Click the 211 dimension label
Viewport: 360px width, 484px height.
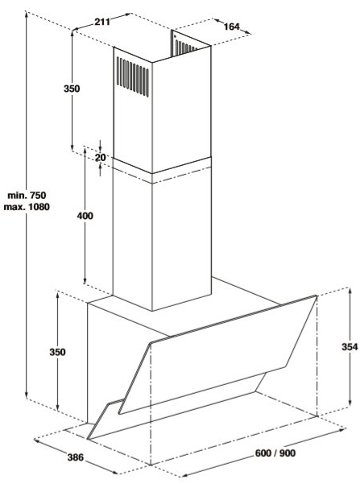pos(102,22)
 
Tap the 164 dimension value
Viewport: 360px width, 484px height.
pos(232,27)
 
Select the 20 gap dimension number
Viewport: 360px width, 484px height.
pos(100,157)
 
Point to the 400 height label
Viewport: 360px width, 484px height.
pos(85,216)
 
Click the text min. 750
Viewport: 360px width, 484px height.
pos(27,195)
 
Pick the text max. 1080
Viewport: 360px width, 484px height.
pos(27,206)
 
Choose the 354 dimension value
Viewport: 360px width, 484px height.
pos(350,346)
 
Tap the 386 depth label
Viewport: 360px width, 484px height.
pos(76,457)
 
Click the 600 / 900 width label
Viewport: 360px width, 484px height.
pos(275,453)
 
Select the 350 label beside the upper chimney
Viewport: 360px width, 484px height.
pos(72,89)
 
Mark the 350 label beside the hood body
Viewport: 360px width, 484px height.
pos(57,352)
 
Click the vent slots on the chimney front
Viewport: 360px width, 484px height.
pos(132,77)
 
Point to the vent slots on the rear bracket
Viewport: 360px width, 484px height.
pos(184,46)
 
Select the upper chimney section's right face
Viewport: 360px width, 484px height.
pos(181,110)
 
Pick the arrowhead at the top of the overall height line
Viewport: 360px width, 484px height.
pos(27,14)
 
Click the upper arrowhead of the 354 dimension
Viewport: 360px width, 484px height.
pos(350,291)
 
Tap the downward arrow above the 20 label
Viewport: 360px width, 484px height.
pos(100,144)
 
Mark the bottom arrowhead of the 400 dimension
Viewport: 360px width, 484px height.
pos(85,280)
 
